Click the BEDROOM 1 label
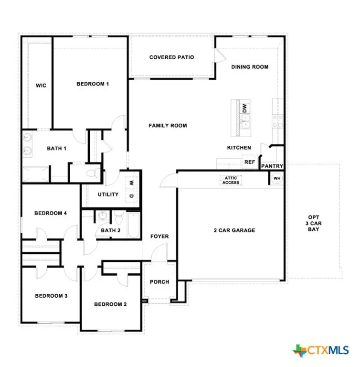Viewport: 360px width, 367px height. (x=93, y=84)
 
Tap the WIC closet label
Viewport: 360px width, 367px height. (x=41, y=86)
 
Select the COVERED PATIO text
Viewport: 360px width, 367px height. (x=171, y=57)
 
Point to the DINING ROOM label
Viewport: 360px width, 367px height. (x=250, y=67)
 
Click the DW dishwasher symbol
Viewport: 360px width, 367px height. (x=244, y=108)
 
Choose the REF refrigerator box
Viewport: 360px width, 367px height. (x=249, y=162)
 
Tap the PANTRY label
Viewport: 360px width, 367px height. (x=272, y=166)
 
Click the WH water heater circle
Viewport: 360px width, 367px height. (x=277, y=178)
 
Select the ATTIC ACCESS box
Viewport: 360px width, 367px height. (x=231, y=180)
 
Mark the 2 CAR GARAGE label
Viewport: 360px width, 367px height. (x=234, y=230)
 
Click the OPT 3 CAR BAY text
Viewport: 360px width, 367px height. (x=313, y=223)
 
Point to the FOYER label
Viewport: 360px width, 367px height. (x=159, y=237)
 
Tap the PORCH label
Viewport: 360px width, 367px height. (x=159, y=282)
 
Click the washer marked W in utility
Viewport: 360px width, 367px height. (x=131, y=182)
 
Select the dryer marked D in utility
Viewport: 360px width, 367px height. (x=131, y=195)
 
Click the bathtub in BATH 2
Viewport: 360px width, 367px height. (x=133, y=225)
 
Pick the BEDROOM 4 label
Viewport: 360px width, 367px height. (x=50, y=213)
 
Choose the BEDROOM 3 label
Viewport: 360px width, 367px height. (x=51, y=296)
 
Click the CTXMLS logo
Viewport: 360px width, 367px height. (x=320, y=350)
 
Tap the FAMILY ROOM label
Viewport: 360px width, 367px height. (x=168, y=126)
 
